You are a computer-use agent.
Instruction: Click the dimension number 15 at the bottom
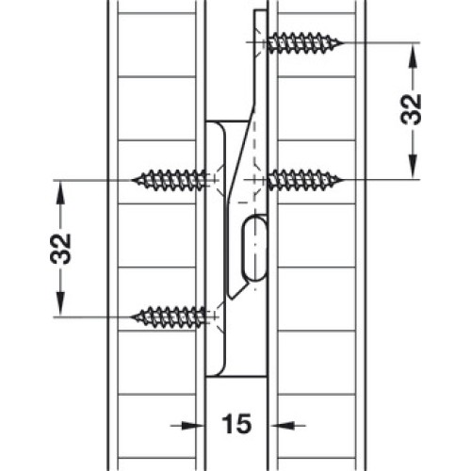(x=236, y=424)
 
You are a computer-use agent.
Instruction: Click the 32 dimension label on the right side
(x=411, y=109)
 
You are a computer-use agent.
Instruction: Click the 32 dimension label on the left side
(x=60, y=249)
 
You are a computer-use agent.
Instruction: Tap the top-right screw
(x=305, y=42)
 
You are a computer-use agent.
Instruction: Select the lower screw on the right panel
(x=305, y=180)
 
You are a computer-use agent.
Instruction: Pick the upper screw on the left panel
(x=169, y=180)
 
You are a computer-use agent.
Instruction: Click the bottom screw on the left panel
(x=169, y=317)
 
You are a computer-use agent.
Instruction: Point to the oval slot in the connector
(x=254, y=248)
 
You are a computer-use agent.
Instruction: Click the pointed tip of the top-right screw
(x=343, y=42)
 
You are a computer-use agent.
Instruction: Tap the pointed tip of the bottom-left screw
(x=132, y=317)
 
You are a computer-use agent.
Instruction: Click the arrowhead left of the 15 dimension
(x=195, y=426)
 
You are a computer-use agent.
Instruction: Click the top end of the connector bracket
(x=261, y=11)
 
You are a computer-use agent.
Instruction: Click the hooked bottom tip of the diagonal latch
(x=232, y=298)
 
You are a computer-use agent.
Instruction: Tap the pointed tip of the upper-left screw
(x=132, y=180)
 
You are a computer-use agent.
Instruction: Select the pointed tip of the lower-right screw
(x=343, y=180)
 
